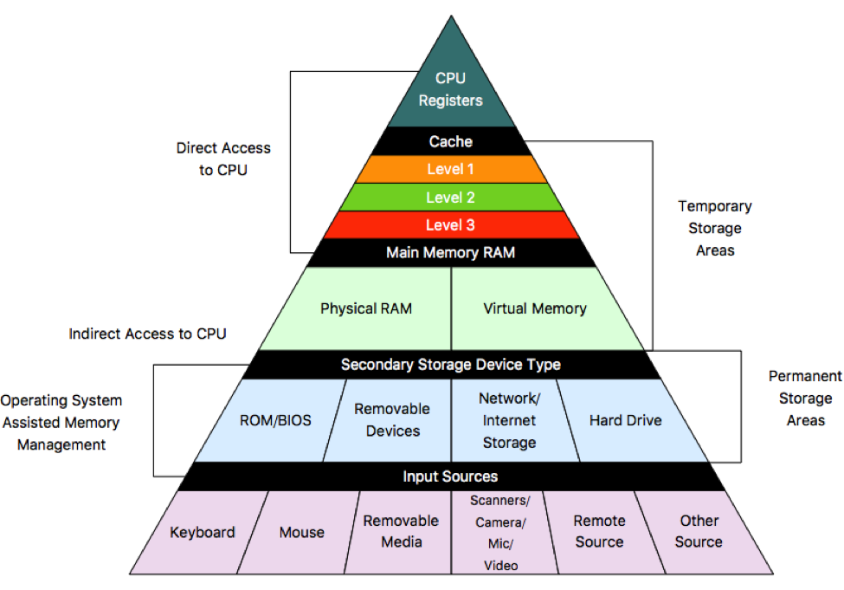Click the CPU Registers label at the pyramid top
coord(450,90)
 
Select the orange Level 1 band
coord(450,170)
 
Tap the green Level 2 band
coord(450,198)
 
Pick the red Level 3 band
coord(450,225)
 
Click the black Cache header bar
coord(450,142)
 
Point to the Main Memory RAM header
coord(450,253)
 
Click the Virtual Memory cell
coord(534,308)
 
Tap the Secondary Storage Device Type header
coord(450,365)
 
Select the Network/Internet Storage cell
coord(508,420)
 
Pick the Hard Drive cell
coord(625,420)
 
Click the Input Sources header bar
coord(450,477)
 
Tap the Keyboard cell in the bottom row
coord(202,532)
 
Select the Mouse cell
coord(301,532)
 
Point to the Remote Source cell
coord(598,531)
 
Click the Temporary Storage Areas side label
coord(714,228)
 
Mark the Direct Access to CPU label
coord(223,159)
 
